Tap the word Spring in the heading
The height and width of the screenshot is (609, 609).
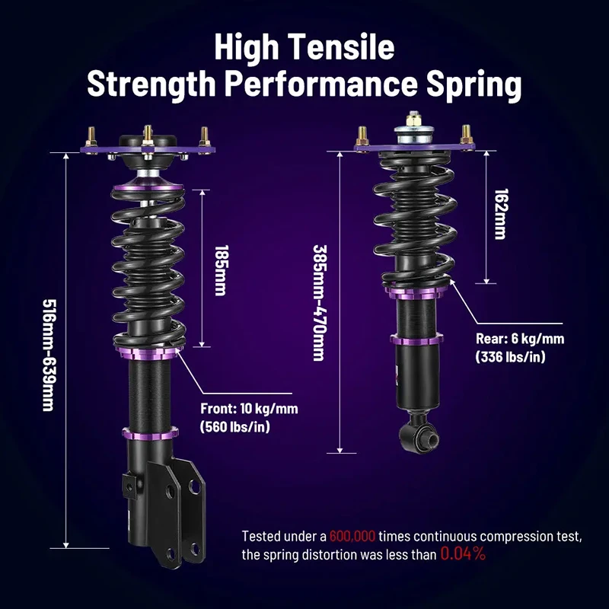click(x=473, y=84)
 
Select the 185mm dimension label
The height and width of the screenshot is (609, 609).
click(x=221, y=270)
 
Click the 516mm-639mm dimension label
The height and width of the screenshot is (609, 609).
click(x=49, y=355)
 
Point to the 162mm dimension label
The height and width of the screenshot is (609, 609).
click(x=501, y=215)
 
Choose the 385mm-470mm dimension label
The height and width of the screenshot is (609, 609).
click(x=320, y=302)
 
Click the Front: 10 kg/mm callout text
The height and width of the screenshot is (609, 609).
click(x=250, y=409)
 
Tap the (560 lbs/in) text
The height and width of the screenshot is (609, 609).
click(x=235, y=427)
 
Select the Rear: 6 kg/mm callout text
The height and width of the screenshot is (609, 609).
click(x=520, y=339)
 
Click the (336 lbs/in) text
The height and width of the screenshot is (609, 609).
click(x=510, y=356)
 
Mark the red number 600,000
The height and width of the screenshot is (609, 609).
click(x=352, y=537)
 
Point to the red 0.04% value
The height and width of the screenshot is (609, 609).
click(x=463, y=554)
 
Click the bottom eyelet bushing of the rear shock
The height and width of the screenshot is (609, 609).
click(x=420, y=438)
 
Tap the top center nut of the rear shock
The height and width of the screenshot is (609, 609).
click(x=414, y=119)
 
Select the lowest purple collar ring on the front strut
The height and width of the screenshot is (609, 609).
click(x=150, y=433)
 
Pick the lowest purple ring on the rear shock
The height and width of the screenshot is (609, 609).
click(x=416, y=340)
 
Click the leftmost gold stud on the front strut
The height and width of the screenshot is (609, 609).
click(x=92, y=138)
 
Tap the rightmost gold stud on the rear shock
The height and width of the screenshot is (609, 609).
click(x=466, y=136)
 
